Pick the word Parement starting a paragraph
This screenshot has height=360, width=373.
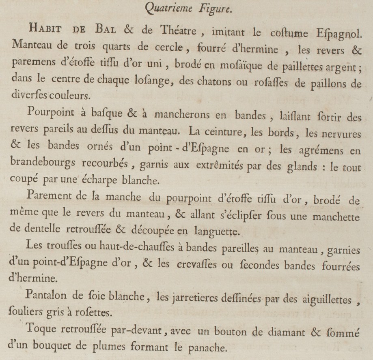(53, 197)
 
